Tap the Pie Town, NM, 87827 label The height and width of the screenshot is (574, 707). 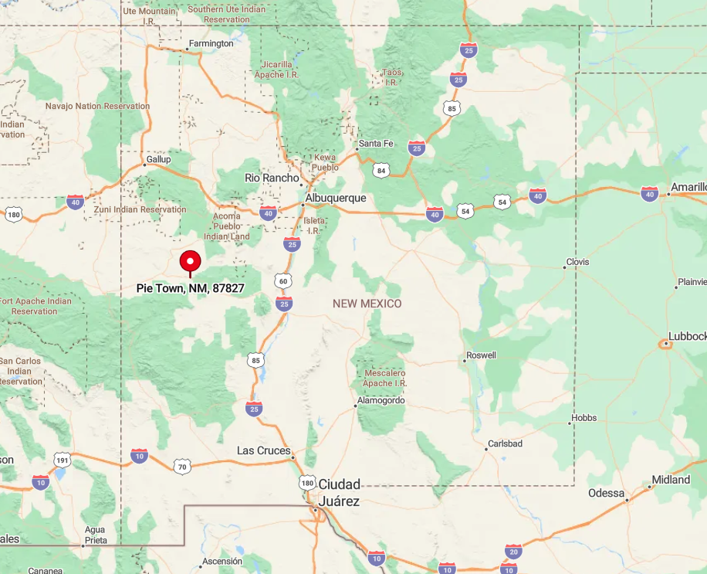pos(191,288)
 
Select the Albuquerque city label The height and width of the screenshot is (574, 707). pos(336,199)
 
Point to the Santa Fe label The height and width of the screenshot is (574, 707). pos(376,144)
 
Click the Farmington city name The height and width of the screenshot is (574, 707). pos(211,44)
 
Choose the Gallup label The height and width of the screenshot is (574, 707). pos(158,160)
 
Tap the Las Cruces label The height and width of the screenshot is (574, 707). pos(264,450)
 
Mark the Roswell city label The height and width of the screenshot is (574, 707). pos(481,355)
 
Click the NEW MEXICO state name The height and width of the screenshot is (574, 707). pos(367,304)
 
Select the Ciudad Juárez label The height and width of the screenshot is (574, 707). pos(340,492)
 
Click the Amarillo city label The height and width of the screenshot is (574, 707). pos(688,187)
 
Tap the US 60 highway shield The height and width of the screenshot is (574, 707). pos(283,281)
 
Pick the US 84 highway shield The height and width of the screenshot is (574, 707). pos(381,169)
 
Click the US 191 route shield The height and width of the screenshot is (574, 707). pos(62,461)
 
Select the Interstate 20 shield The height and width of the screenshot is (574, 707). pos(513,551)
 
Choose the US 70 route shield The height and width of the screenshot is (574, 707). pos(181,467)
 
